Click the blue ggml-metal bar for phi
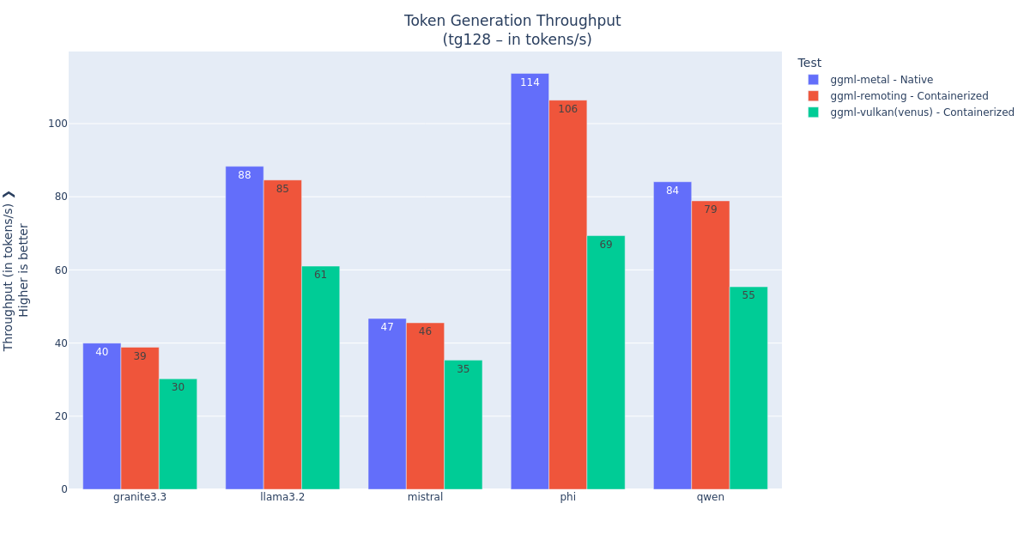pos(530,283)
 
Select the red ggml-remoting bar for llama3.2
pos(282,335)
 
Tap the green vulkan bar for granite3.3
pos(178,434)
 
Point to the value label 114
pos(530,83)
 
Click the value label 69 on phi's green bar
pos(606,246)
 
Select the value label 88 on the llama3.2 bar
pos(245,176)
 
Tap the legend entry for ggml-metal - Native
pos(881,80)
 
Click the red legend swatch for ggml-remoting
pos(813,96)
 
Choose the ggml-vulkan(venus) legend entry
pos(921,112)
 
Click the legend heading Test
pos(809,64)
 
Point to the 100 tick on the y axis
pos(58,124)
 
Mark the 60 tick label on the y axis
pos(60,270)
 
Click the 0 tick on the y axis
pos(64,489)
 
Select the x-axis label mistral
pos(425,497)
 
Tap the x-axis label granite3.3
pos(140,497)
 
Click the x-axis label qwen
pos(710,497)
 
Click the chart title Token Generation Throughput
pos(512,21)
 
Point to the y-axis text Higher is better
pos(24,270)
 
